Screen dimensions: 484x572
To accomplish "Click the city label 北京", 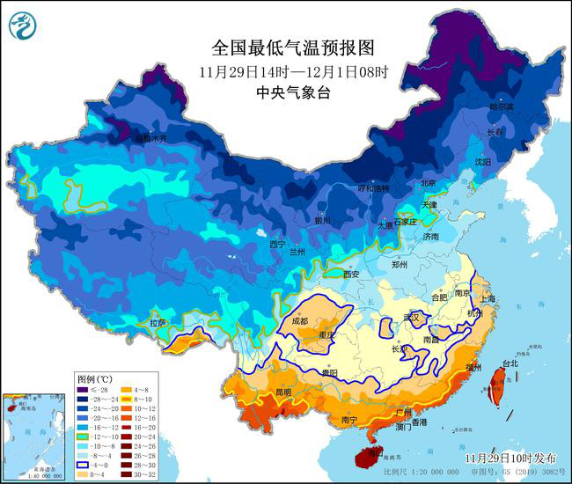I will coord(429,183).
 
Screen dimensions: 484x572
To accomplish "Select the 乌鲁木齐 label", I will coord(150,138).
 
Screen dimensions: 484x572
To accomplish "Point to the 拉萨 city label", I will coord(158,323).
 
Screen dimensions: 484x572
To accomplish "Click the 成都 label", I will coord(301,321).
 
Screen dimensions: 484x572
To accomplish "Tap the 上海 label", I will coord(488,299).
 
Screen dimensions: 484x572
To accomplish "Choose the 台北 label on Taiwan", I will coord(510,363).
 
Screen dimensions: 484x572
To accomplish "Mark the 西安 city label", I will coord(352,275).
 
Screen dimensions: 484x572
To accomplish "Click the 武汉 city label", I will coord(411,317).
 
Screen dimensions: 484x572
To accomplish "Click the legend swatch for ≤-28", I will coord(84,390).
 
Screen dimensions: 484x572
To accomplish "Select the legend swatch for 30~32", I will coord(131,476).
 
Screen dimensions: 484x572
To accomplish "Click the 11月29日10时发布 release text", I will coord(511,458).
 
